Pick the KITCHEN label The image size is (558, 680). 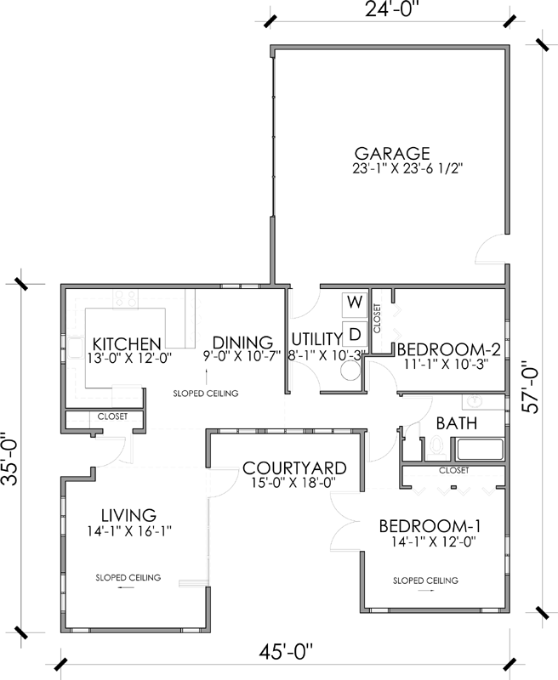[x=127, y=343]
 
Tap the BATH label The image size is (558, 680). [x=455, y=422]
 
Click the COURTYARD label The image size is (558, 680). [x=293, y=468]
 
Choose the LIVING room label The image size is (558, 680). [x=128, y=515]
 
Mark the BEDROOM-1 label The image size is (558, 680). [x=423, y=524]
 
